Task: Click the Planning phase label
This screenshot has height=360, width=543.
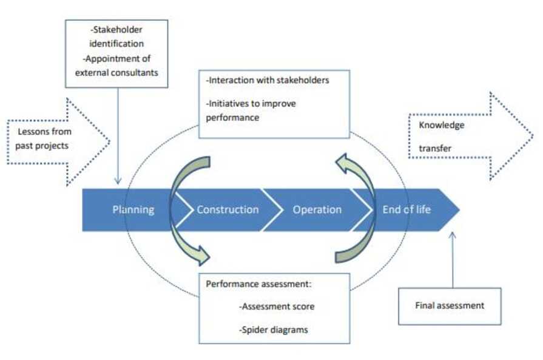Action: (133, 210)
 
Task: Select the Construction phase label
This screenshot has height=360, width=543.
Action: (228, 210)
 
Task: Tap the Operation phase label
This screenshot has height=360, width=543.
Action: (317, 210)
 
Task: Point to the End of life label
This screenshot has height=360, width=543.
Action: (406, 210)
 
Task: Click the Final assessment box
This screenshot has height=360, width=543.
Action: (450, 305)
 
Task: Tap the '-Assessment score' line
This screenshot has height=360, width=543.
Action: (277, 307)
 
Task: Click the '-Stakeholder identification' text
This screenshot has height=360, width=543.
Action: (116, 38)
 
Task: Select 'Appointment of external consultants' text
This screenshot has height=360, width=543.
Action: (116, 66)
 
